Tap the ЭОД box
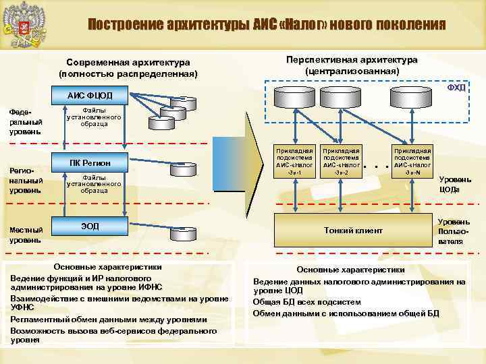90,226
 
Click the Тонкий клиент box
353,230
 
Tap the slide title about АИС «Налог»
267,26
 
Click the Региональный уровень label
26,181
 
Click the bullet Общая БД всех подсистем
307,302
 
